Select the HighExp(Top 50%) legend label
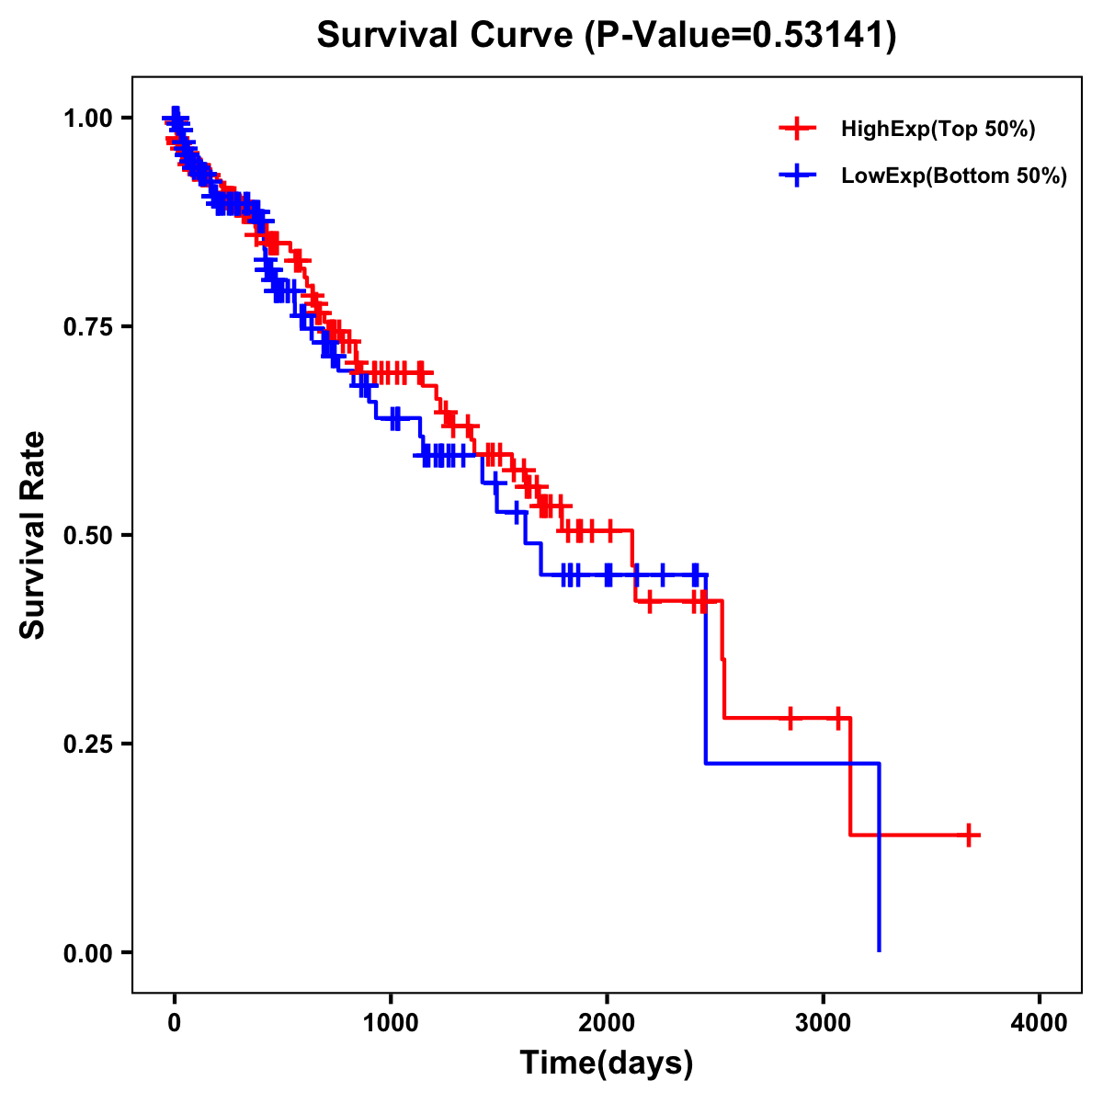point(938,130)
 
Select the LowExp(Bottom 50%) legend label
point(954,176)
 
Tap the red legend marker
point(797,129)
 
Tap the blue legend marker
point(797,176)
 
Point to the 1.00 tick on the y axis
point(87,118)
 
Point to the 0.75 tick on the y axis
point(87,326)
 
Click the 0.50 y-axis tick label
point(87,535)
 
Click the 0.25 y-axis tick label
point(87,744)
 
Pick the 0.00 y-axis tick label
point(87,952)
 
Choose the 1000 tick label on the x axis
point(391,1023)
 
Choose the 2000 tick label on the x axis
point(607,1023)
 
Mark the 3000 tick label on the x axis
point(824,1023)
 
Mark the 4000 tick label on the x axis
point(1040,1023)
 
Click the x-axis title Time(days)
point(607,1063)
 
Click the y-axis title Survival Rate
point(33,535)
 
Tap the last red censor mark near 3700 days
point(968,835)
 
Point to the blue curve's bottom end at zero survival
point(880,949)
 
